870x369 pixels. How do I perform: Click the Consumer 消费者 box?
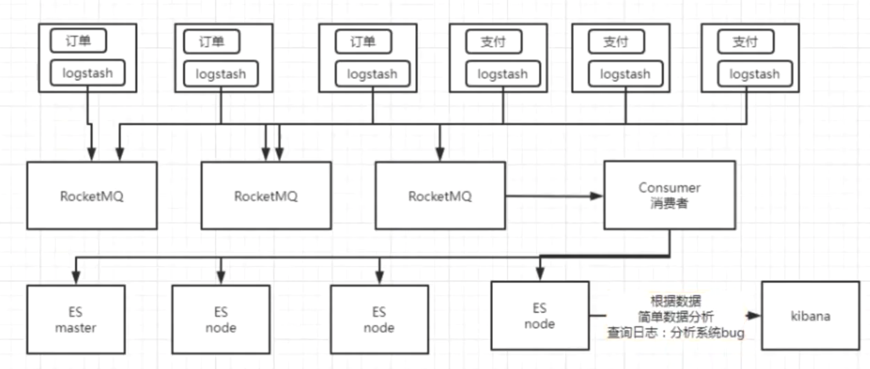click(670, 195)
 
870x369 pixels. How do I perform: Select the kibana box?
click(810, 316)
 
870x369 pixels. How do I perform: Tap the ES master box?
click(76, 320)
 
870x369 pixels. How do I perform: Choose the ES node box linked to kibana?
click(540, 316)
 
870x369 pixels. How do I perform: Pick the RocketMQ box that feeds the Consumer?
click(440, 196)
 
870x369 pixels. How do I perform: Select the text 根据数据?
click(676, 301)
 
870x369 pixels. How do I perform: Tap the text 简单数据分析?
click(676, 316)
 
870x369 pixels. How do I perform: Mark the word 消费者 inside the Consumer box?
click(669, 203)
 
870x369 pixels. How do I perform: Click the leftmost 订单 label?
click(79, 41)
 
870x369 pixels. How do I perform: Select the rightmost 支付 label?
click(745, 42)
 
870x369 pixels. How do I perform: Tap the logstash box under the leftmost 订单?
click(88, 73)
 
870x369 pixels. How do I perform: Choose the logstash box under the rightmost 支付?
click(755, 74)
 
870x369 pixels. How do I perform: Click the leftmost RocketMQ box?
click(92, 196)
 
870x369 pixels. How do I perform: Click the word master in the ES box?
click(76, 328)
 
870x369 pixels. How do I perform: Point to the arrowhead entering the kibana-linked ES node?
click(540, 274)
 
